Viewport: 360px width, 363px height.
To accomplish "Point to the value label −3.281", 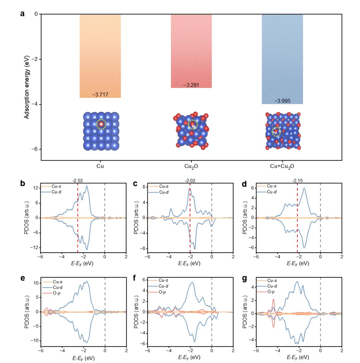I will [191, 86].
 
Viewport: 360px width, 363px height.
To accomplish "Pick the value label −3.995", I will [282, 101].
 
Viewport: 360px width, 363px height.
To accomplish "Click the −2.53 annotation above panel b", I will [78, 181].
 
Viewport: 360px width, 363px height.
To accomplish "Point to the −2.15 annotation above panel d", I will [297, 181].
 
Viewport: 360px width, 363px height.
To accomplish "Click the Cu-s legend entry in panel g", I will [272, 279].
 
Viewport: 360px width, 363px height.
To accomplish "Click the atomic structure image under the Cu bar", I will [101, 131].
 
